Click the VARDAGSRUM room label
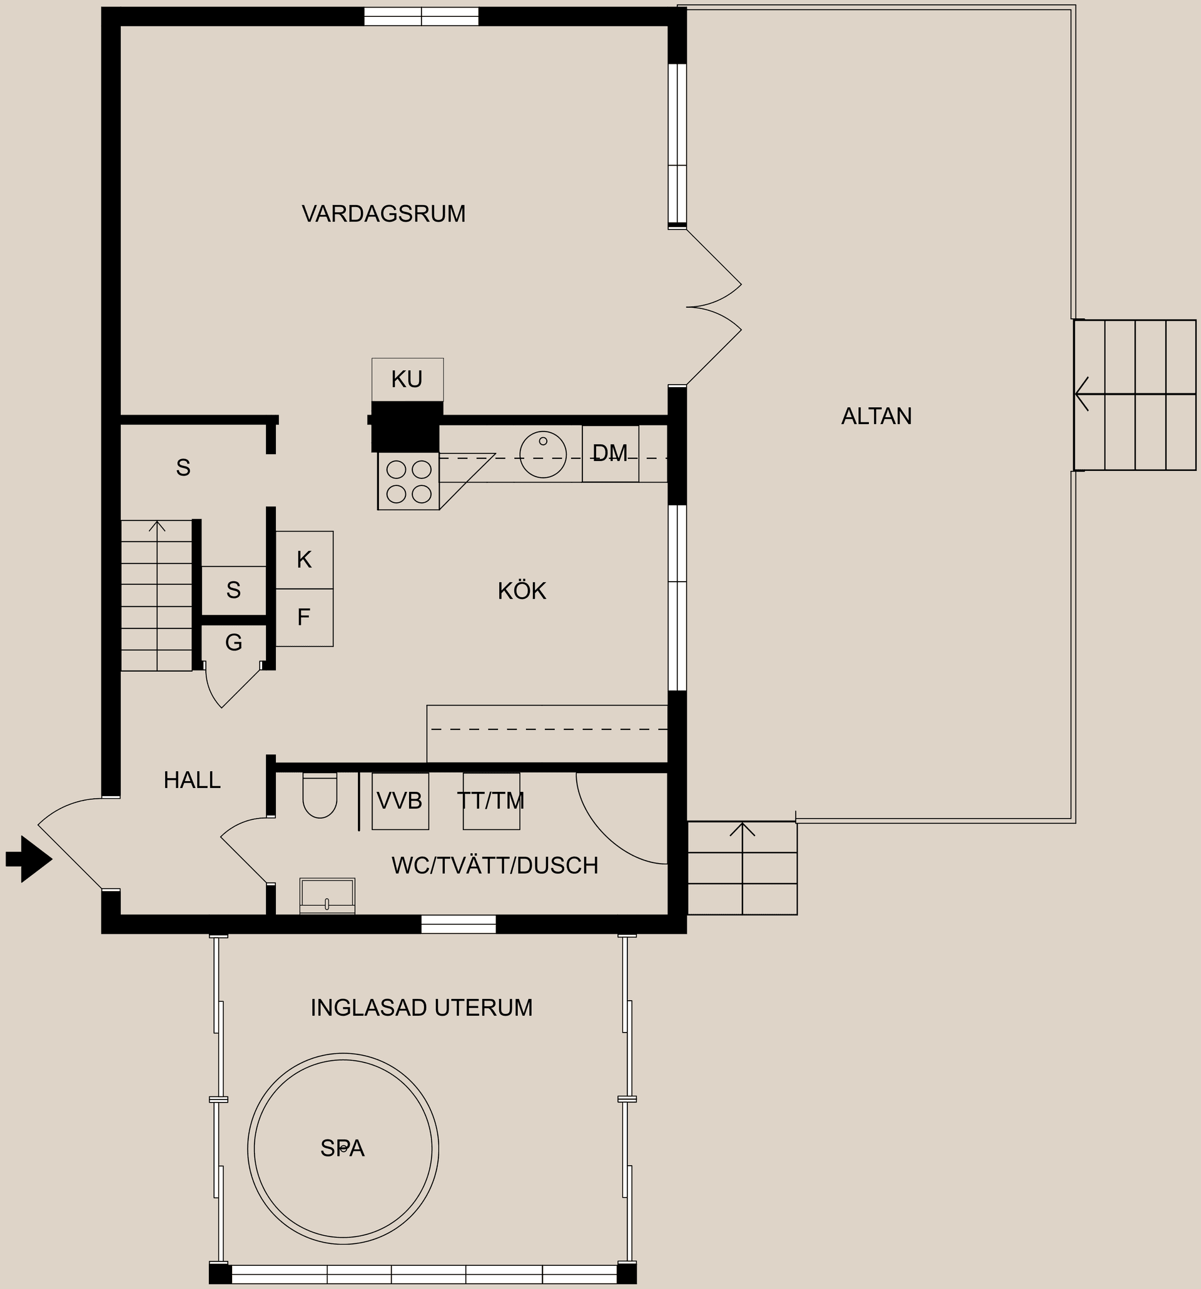click(383, 214)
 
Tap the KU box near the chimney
click(407, 379)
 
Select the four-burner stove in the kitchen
click(408, 481)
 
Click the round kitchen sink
click(543, 455)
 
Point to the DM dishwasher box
click(611, 453)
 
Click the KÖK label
click(522, 590)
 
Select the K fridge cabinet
click(304, 560)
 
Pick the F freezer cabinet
click(303, 617)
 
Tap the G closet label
click(233, 642)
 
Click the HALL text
click(192, 780)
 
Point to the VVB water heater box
click(400, 801)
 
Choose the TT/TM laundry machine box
click(491, 801)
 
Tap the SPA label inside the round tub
click(342, 1148)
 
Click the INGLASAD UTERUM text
click(422, 1008)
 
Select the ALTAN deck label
click(876, 416)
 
